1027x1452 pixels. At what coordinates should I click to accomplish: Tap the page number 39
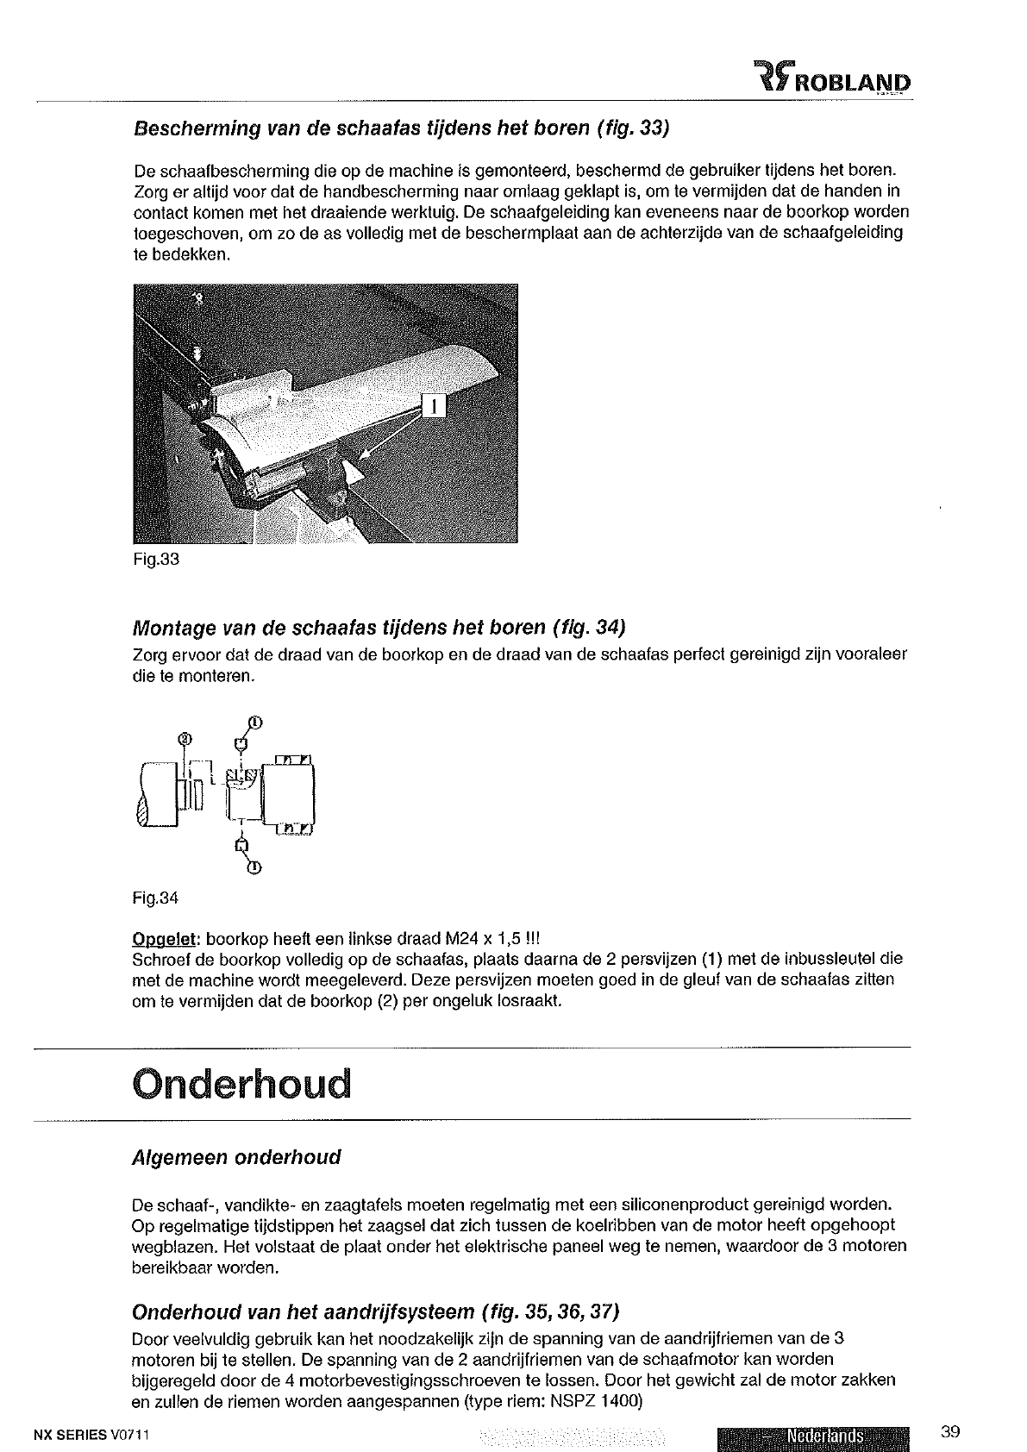tap(950, 1433)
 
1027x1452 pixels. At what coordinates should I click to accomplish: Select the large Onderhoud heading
tap(242, 1084)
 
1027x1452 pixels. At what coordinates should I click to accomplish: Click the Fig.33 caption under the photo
tap(156, 559)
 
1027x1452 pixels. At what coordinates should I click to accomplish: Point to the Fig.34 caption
tap(155, 898)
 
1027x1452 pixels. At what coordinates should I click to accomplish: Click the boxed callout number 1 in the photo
tap(435, 404)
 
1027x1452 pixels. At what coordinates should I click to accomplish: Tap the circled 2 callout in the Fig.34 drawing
tap(184, 738)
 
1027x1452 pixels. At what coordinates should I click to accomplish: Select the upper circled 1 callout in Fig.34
tap(254, 722)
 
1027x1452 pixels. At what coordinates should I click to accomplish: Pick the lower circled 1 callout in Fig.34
tap(254, 868)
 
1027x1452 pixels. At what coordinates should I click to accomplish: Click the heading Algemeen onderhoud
tap(237, 1157)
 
